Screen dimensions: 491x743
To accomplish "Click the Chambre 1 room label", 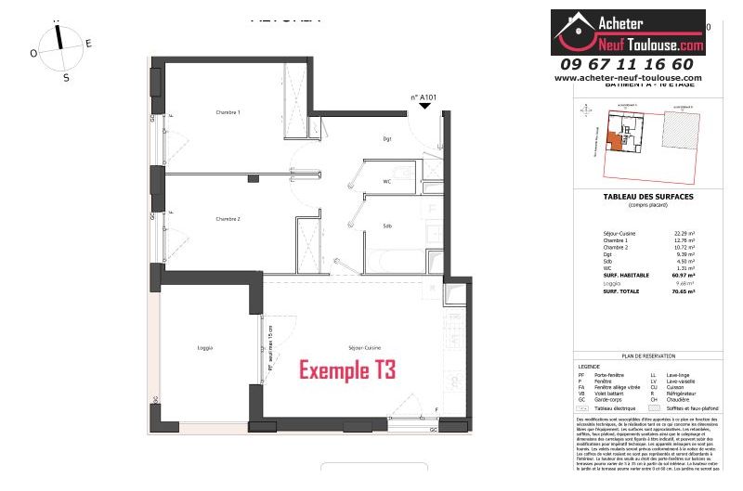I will tap(228, 112).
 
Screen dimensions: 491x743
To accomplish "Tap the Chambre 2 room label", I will tap(228, 219).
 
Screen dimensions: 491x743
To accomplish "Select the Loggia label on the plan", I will tap(205, 348).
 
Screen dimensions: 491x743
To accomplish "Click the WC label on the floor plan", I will tap(386, 182).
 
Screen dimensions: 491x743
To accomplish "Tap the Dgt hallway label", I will tap(386, 139).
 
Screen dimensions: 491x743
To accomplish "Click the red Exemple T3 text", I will tap(346, 370).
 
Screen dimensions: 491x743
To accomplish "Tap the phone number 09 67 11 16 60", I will tap(627, 64).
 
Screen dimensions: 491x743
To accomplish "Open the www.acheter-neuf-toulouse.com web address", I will tap(628, 78).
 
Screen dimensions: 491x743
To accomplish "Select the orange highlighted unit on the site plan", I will tap(614, 142).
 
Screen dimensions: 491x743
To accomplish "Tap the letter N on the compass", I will tap(58, 19).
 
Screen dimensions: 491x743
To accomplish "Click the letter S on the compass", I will tap(66, 78).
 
